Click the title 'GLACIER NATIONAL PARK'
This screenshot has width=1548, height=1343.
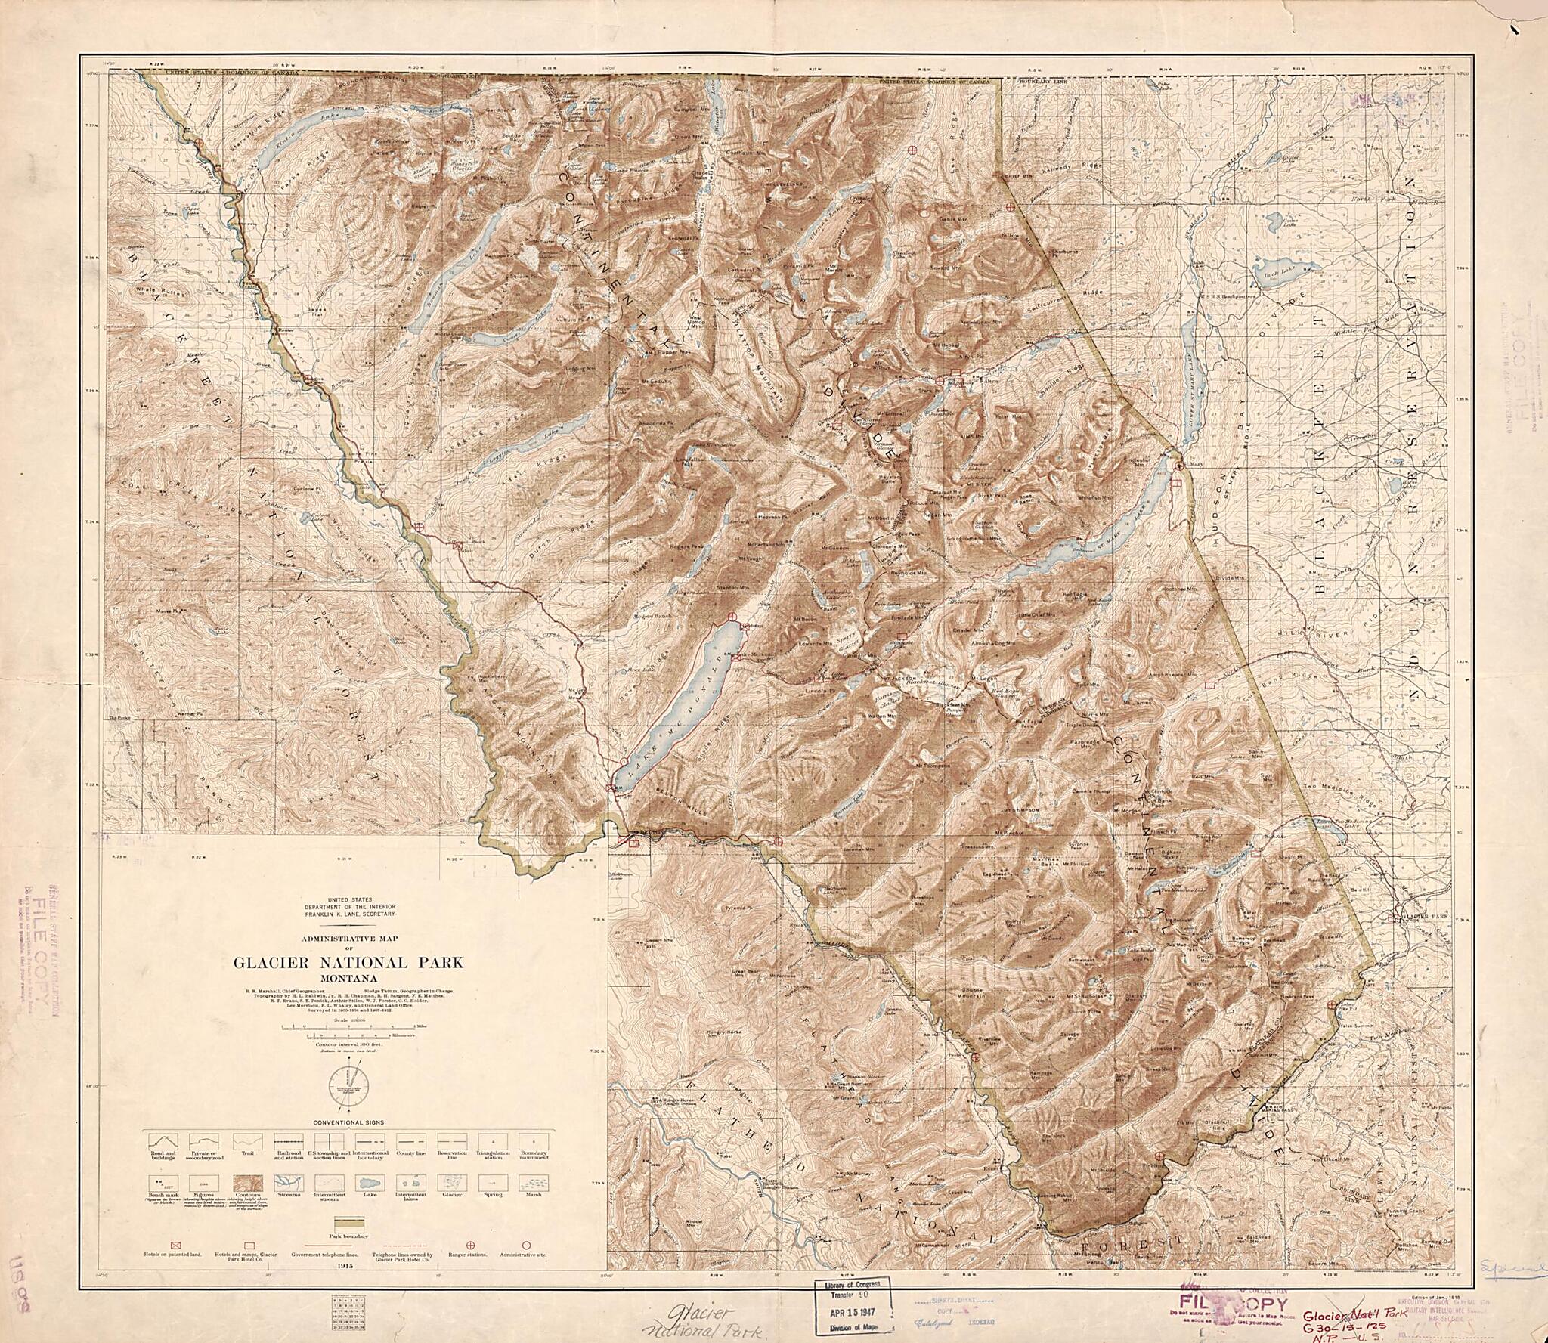coord(348,963)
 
